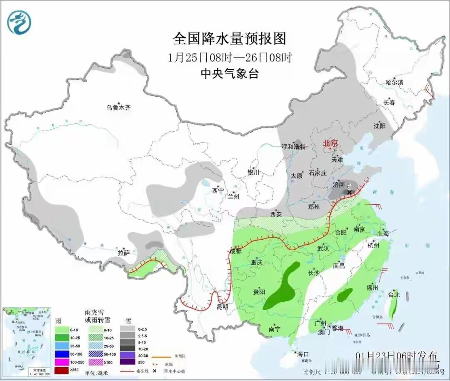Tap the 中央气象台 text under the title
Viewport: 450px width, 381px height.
tap(230, 74)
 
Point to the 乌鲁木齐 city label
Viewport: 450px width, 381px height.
tap(118, 108)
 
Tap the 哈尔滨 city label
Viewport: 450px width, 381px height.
tap(394, 83)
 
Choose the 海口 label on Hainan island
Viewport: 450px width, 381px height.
tap(303, 354)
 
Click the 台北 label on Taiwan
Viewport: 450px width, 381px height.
tap(393, 295)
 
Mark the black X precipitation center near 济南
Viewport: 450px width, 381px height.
tap(350, 193)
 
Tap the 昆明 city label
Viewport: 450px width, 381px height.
tap(222, 306)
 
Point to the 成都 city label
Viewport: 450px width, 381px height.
tap(235, 251)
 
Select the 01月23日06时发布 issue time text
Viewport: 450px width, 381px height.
tap(397, 356)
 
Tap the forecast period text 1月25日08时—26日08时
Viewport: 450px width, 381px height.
tap(230, 57)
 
